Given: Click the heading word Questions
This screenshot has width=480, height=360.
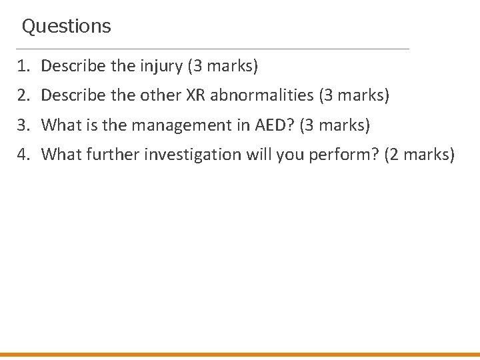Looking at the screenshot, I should tap(66, 27).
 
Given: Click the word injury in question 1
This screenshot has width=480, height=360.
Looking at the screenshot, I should tap(165, 67).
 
